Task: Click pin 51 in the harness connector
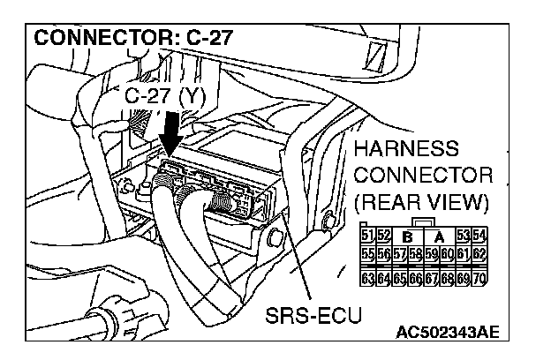[368, 234]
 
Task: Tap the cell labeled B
[407, 235]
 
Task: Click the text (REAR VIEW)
[421, 201]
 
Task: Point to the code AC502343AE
[447, 333]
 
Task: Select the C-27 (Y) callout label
[164, 94]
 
